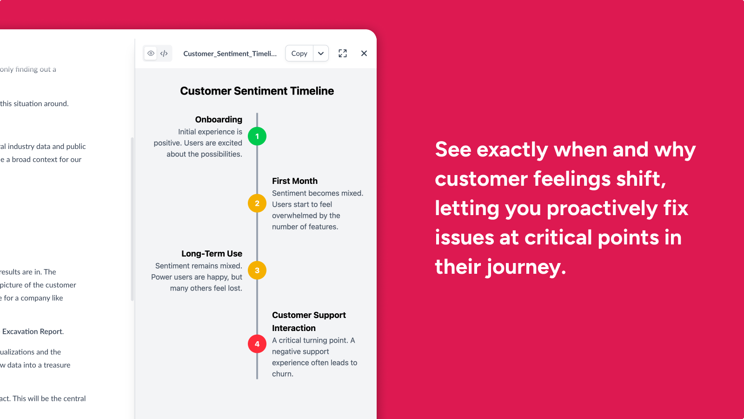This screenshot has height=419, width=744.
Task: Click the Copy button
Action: [x=299, y=53]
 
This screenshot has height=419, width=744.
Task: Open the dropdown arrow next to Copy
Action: [x=321, y=53]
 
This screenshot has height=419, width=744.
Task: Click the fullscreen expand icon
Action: [x=342, y=53]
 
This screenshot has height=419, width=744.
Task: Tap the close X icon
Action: [x=364, y=53]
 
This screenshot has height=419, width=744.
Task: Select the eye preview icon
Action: [x=151, y=53]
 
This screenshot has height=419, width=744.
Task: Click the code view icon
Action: [x=164, y=53]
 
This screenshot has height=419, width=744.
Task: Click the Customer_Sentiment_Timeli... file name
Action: [x=230, y=54]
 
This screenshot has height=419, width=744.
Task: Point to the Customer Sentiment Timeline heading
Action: [x=257, y=91]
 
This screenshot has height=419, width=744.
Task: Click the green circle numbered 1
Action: [x=257, y=136]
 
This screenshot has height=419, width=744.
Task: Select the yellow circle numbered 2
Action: [x=257, y=203]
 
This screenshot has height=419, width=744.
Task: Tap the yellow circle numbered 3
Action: [x=257, y=270]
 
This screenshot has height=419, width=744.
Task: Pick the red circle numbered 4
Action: [x=257, y=344]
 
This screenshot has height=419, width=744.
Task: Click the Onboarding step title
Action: [x=219, y=120]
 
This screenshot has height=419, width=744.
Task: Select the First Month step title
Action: [x=295, y=181]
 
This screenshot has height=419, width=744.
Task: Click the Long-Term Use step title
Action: [x=212, y=253]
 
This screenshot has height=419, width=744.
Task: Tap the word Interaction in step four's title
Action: [x=293, y=328]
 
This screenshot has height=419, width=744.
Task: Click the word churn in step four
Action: [x=282, y=374]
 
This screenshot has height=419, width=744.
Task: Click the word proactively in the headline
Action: [x=602, y=209]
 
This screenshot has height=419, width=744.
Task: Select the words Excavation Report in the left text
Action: [x=33, y=331]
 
